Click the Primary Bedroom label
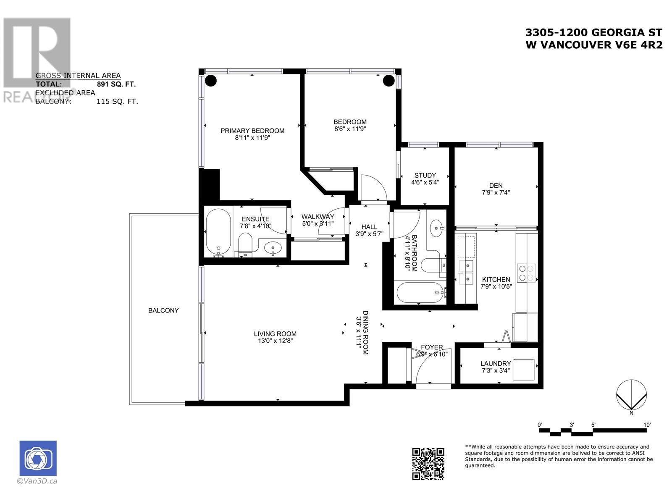pos(252,131)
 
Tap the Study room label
pos(425,175)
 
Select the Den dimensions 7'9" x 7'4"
pos(496,192)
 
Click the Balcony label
pos(163,310)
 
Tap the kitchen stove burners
pos(526,273)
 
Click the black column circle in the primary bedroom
pos(211,80)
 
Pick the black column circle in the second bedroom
pos(389,80)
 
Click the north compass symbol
pos(631,395)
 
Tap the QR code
pos(428,463)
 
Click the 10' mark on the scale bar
pos(647,425)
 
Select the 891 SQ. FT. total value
pos(116,84)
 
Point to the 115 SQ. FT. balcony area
pos(117,101)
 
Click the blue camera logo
pos(38,458)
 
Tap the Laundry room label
pos(496,363)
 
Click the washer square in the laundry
pos(523,369)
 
